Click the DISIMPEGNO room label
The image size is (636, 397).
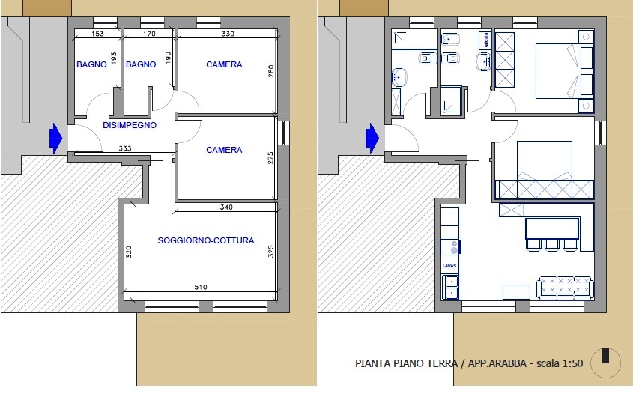[x=130, y=125]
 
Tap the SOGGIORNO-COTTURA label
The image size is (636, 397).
[x=206, y=240]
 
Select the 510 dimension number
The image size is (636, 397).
[x=201, y=287]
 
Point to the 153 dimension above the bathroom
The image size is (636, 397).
[x=97, y=34]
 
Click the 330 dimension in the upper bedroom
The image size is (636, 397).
[x=228, y=34]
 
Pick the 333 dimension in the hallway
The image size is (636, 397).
[x=125, y=148]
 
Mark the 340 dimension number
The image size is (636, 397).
[x=226, y=207]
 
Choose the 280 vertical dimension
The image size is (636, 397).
[x=271, y=71]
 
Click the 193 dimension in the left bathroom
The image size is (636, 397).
[x=114, y=58]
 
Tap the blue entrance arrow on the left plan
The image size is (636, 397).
[x=56, y=139]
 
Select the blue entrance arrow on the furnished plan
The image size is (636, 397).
[x=372, y=139]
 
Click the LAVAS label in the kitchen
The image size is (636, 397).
[x=449, y=266]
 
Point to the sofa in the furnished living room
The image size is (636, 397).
[x=565, y=288]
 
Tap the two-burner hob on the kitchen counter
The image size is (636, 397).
[x=454, y=247]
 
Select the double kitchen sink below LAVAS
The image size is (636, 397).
[x=449, y=286]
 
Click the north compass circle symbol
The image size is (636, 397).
[x=605, y=363]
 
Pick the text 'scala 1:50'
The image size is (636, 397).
[x=560, y=363]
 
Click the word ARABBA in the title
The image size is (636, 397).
[x=508, y=363]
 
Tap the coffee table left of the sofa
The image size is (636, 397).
[x=516, y=291]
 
